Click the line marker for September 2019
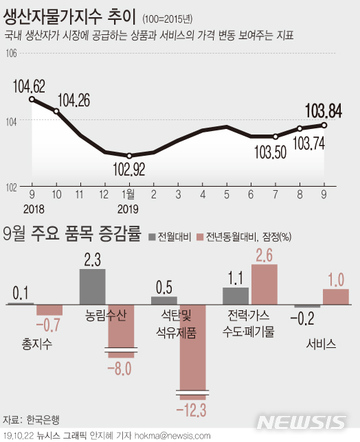[324, 125]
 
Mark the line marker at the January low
[129, 156]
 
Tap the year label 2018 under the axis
[32, 208]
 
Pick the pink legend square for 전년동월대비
[201, 237]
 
